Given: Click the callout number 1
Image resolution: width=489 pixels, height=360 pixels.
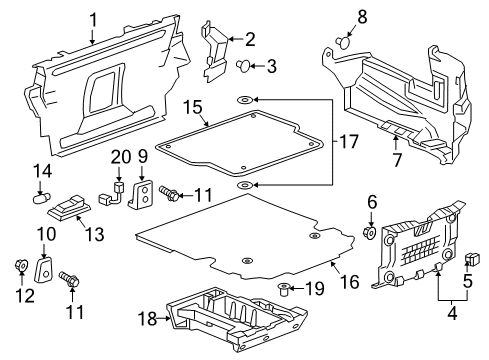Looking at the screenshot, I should [x=93, y=17].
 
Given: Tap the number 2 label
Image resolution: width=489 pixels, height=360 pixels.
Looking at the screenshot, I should [x=250, y=39].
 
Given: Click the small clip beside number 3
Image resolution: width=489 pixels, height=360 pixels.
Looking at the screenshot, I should [x=244, y=67].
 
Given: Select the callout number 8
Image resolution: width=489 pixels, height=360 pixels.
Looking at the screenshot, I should [x=334, y=16].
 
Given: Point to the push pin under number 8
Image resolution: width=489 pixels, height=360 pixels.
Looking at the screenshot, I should [x=343, y=43].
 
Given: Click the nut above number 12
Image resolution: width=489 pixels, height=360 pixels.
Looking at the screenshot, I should [x=20, y=265].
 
